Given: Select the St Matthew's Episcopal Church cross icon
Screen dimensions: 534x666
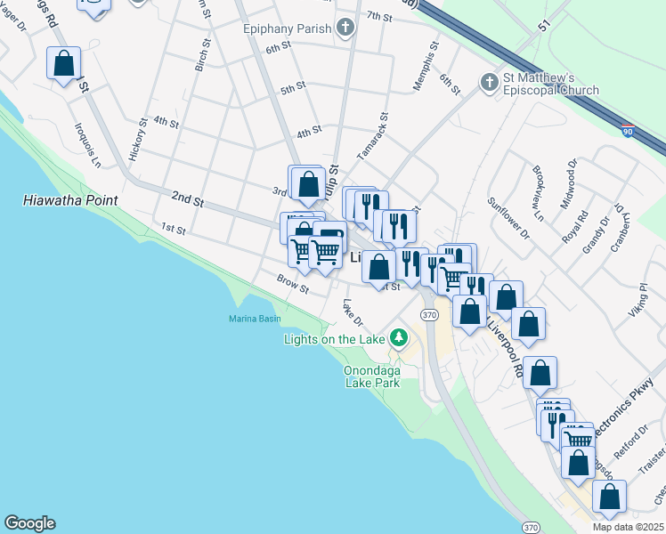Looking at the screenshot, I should [x=488, y=83].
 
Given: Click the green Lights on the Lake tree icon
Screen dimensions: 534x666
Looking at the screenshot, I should [x=399, y=338].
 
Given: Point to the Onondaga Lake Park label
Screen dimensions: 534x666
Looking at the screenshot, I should [x=373, y=377].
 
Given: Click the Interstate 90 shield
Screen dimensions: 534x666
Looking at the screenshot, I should [x=629, y=132].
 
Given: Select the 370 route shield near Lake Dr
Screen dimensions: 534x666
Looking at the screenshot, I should [x=429, y=315].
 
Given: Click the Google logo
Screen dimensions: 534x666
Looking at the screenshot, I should [x=29, y=523].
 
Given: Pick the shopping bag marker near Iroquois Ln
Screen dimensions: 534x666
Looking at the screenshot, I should [x=63, y=64].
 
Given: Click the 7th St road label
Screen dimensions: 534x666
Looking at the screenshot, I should [x=379, y=17].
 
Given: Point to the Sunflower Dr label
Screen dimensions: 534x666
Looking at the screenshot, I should [x=508, y=222].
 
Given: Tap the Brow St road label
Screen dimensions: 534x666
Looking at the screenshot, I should [x=292, y=284].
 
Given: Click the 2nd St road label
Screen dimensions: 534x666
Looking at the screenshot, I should [x=188, y=201].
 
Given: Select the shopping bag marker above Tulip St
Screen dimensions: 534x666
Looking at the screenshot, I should [x=308, y=184].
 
